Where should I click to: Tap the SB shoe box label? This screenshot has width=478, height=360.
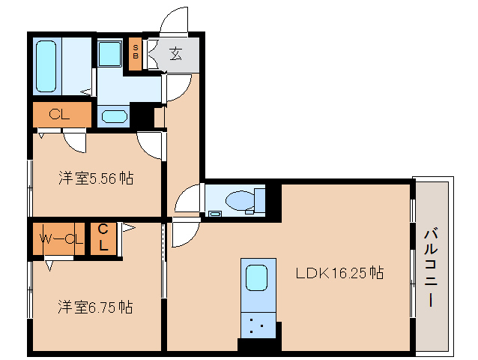tap(136, 52)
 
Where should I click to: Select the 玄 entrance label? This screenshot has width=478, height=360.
tap(175, 53)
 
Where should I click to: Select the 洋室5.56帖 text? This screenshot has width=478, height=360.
tap(96, 178)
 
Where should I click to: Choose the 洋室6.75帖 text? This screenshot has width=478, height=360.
tap(96, 306)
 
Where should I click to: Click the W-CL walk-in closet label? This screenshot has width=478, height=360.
tap(61, 239)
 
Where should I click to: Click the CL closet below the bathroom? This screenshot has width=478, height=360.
tap(60, 115)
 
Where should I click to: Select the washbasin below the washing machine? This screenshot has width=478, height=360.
tap(113, 116)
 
